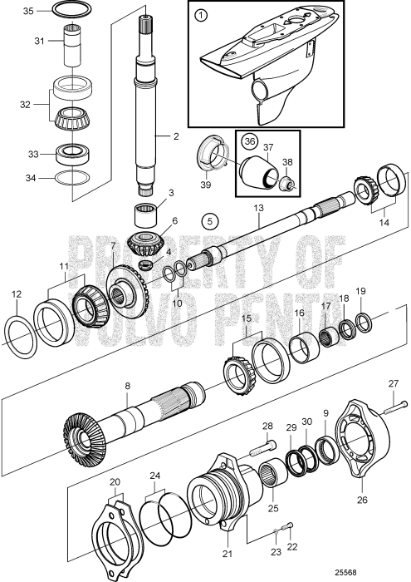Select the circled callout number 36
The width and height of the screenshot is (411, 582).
click(x=249, y=141)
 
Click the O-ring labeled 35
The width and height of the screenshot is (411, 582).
click(x=74, y=10)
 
